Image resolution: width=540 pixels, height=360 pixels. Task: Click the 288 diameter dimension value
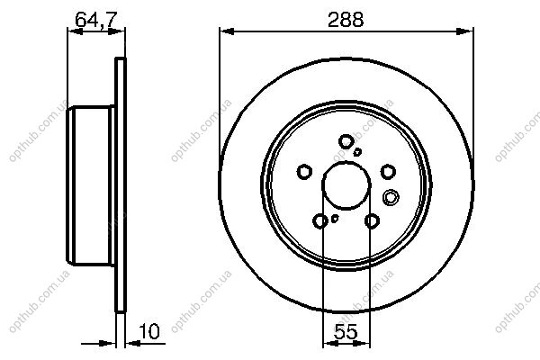[x=346, y=20]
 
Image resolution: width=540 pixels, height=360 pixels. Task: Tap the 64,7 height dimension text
[x=96, y=19]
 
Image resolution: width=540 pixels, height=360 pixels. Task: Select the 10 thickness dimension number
[x=149, y=331]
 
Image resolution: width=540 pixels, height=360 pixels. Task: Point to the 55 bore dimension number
[x=346, y=332]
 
